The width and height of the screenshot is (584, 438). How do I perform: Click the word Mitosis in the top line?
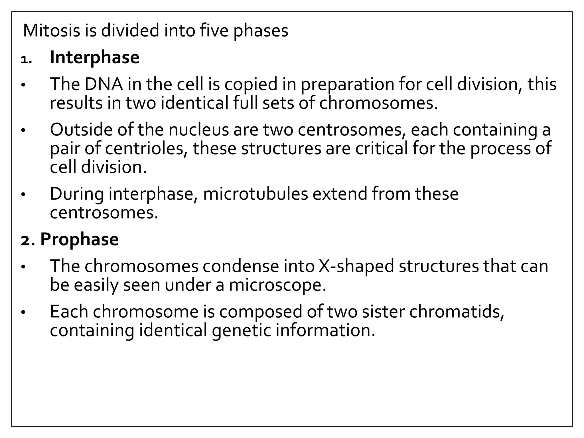click(51, 31)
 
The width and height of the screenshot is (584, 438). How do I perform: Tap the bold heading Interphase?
click(95, 58)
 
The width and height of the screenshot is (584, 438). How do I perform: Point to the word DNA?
click(104, 84)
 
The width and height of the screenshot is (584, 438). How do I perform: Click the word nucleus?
click(199, 130)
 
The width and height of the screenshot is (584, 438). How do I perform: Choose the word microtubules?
click(255, 194)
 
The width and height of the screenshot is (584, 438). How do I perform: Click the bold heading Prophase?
click(79, 239)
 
